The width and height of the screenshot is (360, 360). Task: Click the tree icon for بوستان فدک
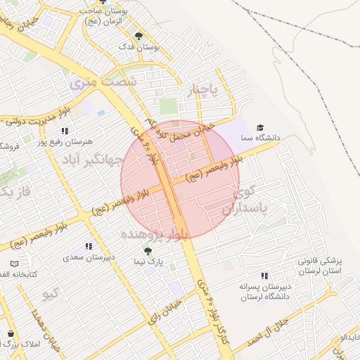[139, 35]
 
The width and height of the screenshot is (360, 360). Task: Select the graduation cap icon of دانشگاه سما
[260, 127]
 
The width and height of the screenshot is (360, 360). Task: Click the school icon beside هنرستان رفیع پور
[65, 131]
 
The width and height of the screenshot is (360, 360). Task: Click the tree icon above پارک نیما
[148, 250]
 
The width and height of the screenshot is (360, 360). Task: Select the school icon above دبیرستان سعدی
[89, 246]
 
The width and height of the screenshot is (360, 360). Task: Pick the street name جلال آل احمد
[271, 330]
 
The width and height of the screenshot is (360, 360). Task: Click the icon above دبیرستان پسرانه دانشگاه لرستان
[264, 276]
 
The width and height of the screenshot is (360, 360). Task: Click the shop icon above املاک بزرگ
[11, 333]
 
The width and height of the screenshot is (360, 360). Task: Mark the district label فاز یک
[15, 191]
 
